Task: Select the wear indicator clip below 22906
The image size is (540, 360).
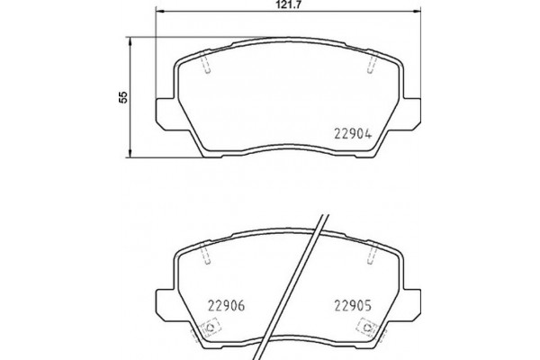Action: pos(213,328)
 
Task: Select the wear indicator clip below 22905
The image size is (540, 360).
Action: pos(364,328)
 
